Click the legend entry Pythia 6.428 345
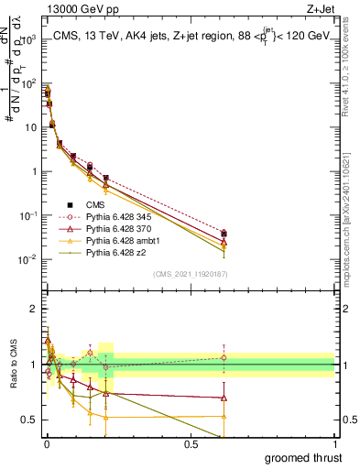click(119, 216)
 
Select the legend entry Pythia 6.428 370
click(119, 228)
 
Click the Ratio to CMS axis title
click(13, 366)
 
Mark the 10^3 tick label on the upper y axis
click(26, 40)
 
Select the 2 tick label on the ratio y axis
click(32, 309)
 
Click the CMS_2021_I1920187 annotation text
click(190, 274)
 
